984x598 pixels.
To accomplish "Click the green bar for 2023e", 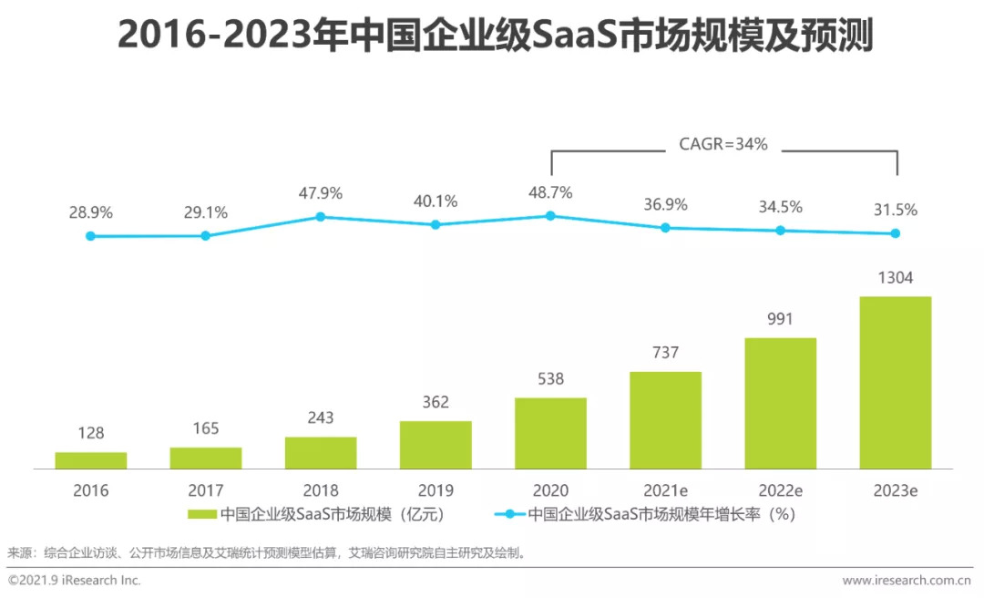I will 895,382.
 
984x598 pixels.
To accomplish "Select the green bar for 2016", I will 90,460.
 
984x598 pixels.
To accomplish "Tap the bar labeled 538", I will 550,433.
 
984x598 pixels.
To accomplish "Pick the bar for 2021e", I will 665,420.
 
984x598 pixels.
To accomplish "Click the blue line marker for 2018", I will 321,217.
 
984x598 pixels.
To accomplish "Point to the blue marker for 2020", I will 550,216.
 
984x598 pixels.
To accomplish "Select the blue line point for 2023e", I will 895,233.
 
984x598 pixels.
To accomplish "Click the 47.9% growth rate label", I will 320,193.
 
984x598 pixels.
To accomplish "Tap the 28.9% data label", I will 90,212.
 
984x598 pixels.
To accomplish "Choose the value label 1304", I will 895,277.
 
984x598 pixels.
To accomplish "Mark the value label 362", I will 436,402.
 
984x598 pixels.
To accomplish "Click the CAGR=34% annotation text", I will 723,144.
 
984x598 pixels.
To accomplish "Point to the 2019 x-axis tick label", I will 436,490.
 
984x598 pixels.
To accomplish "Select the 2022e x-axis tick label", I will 780,490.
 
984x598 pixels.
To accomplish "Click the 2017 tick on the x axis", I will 205,490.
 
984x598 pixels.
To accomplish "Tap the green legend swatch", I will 201,514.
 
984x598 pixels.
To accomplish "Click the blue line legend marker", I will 509,514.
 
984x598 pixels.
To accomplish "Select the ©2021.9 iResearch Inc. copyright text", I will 75,580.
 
